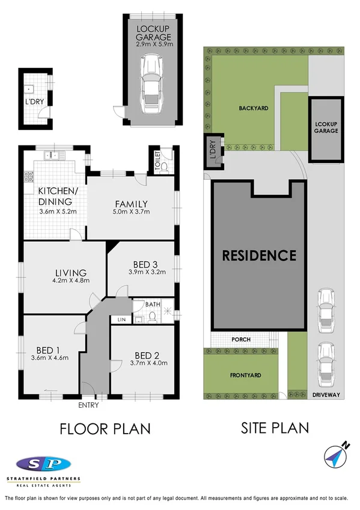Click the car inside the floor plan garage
pyautogui.click(x=151, y=85)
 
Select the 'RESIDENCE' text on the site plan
pyautogui.click(x=259, y=255)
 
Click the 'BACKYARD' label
pyautogui.click(x=253, y=108)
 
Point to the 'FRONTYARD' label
pyautogui.click(x=246, y=375)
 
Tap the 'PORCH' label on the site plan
pyautogui.click(x=240, y=340)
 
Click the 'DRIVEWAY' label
pyautogui.click(x=326, y=395)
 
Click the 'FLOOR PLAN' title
pyautogui.click(x=104, y=428)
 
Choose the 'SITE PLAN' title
pyautogui.click(x=275, y=428)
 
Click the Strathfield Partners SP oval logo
pyautogui.click(x=44, y=464)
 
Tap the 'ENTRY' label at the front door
pyautogui.click(x=88, y=405)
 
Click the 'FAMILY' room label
pyautogui.click(x=132, y=203)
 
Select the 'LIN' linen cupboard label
pyautogui.click(x=121, y=319)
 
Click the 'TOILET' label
pyautogui.click(x=157, y=162)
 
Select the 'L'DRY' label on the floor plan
pyautogui.click(x=34, y=103)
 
